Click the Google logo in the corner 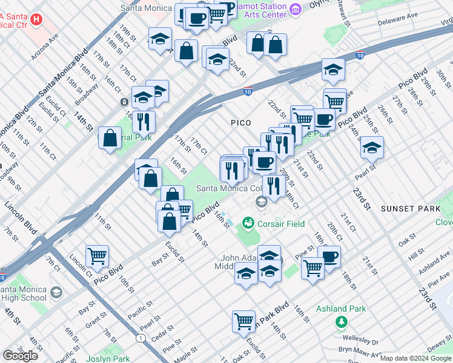coord(20,356)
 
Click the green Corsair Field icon coord(247,223)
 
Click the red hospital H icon coord(36,19)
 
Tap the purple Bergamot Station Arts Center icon coord(296,8)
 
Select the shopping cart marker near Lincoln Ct coord(97,257)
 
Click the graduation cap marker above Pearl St coord(372,147)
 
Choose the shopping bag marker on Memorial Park coord(110,138)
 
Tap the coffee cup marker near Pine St coord(329,257)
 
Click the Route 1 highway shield coord(141,338)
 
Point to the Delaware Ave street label coord(398,18)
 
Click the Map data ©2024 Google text coord(415,358)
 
